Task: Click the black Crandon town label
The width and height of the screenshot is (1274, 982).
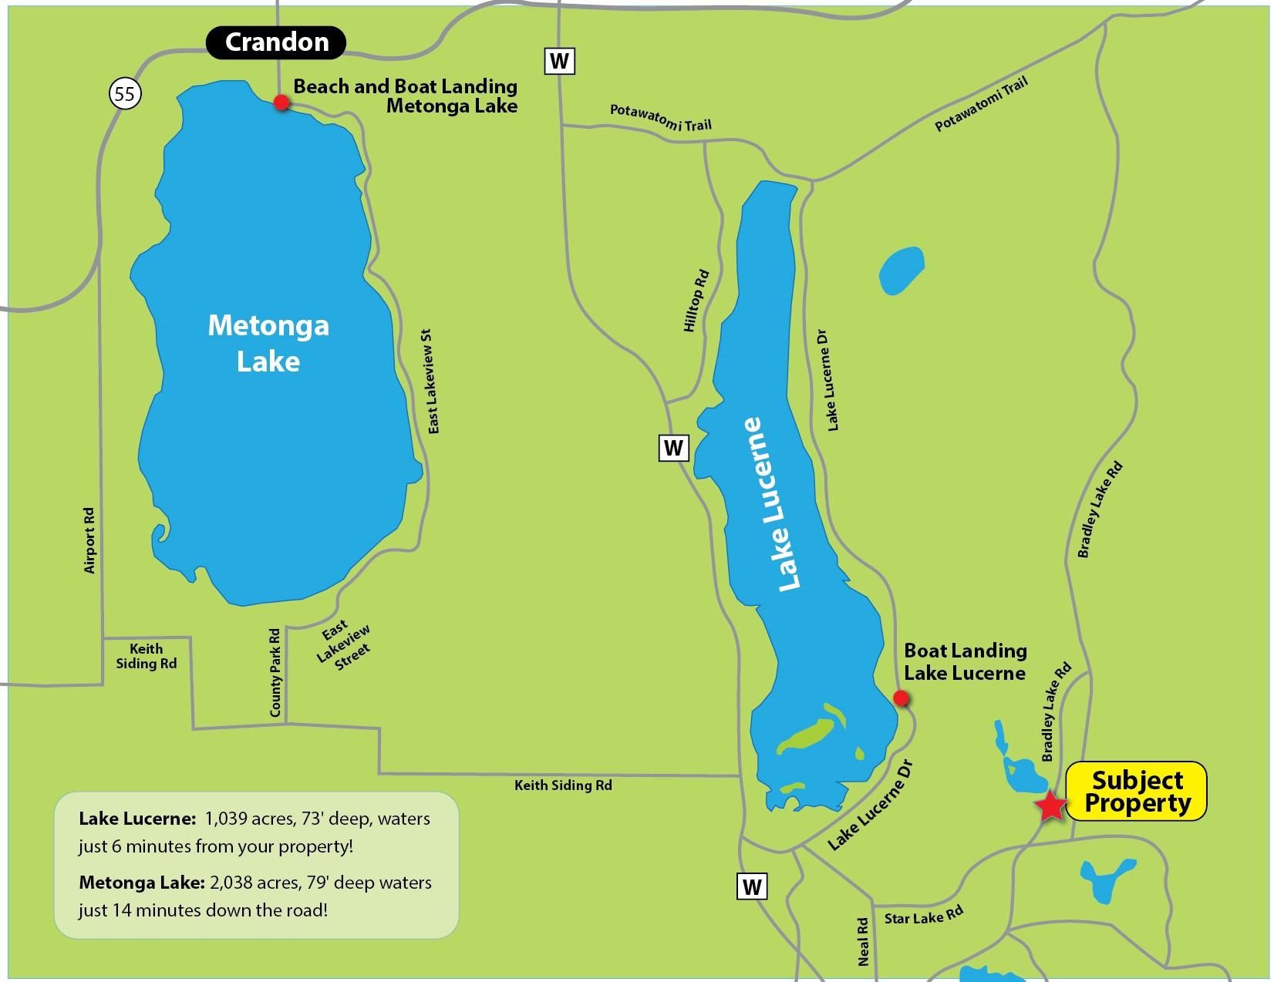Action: click(276, 42)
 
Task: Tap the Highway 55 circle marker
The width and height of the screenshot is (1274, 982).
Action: click(126, 94)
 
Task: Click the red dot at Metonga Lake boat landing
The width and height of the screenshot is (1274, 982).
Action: click(281, 103)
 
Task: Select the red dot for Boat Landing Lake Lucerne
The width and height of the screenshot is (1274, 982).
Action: click(900, 698)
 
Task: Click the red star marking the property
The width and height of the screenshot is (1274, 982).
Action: click(1050, 807)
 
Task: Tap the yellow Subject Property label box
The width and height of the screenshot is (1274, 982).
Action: click(1136, 792)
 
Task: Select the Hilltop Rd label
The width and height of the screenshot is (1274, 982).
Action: click(696, 301)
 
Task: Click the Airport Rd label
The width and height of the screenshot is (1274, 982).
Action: click(90, 540)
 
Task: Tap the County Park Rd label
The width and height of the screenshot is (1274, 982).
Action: click(275, 673)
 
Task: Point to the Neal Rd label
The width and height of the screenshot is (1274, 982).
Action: click(863, 941)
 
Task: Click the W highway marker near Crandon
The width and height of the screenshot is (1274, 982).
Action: click(560, 60)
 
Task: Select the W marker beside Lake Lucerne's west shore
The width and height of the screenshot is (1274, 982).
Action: click(673, 447)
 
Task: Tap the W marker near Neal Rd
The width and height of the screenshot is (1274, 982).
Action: click(752, 886)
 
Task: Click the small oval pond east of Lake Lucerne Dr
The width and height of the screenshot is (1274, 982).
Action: click(901, 271)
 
